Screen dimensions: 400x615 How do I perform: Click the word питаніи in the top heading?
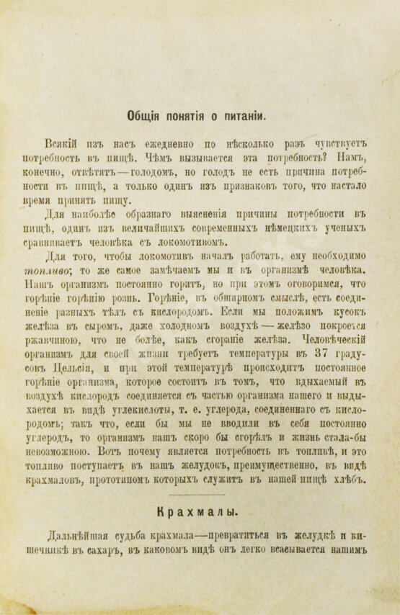[241, 115]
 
